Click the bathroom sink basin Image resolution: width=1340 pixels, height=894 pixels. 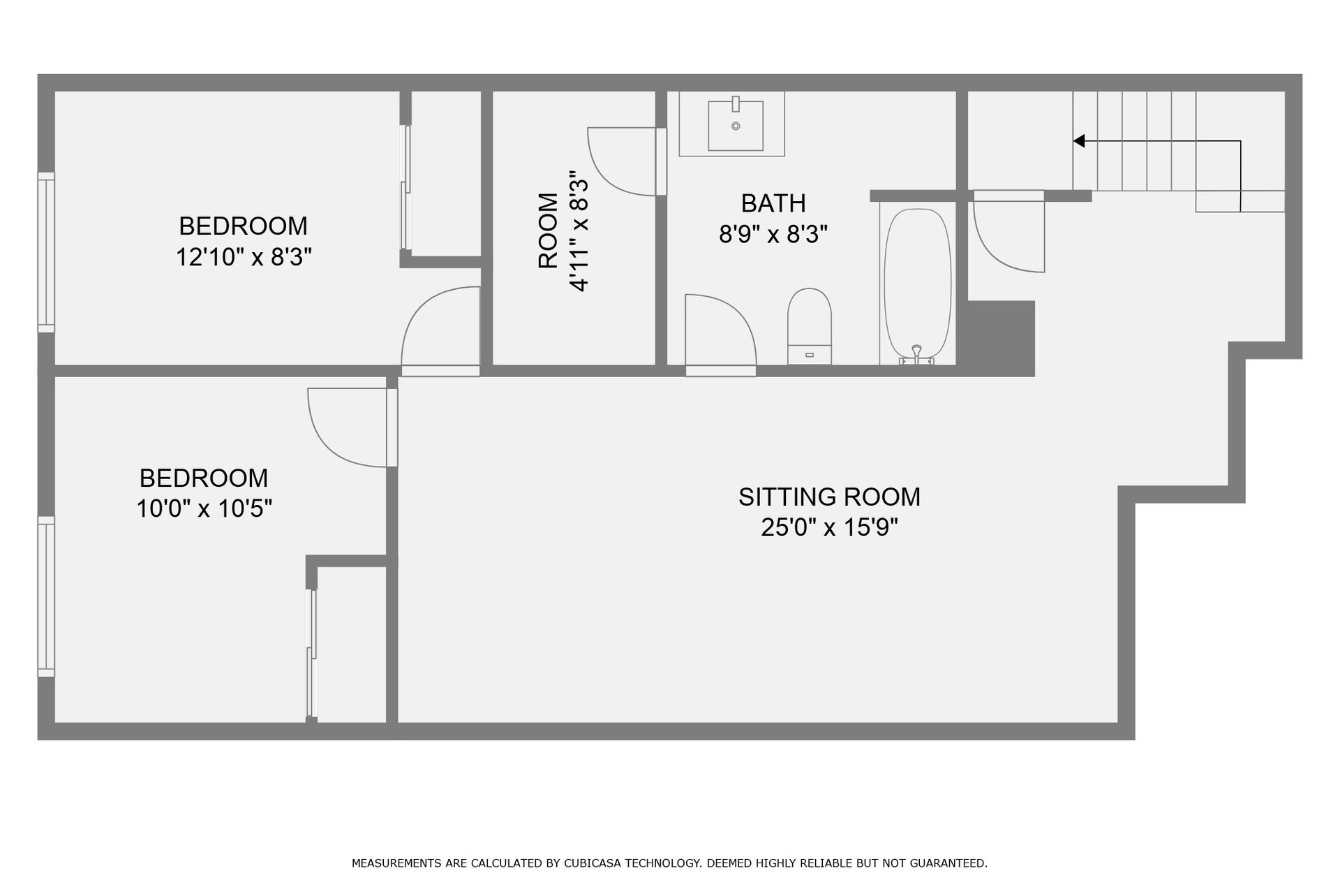[x=736, y=126]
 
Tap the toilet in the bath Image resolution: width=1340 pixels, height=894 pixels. [x=810, y=326]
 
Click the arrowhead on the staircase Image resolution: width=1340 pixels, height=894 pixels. [x=1079, y=141]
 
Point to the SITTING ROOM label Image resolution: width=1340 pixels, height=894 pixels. [x=829, y=497]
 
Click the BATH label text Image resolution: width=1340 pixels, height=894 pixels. [x=773, y=203]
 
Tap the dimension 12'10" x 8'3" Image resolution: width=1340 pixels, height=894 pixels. [x=243, y=257]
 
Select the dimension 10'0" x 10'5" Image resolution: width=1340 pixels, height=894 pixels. [x=204, y=508]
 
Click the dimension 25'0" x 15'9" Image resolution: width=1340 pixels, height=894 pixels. [x=829, y=527]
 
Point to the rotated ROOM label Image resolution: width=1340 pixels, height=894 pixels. [x=549, y=230]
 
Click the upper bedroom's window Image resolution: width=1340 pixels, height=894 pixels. [x=46, y=252]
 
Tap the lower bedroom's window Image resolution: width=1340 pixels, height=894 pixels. [x=46, y=596]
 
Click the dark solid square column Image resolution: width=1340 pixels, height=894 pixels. [x=999, y=339]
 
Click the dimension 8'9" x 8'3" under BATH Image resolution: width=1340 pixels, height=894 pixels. [x=773, y=234]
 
